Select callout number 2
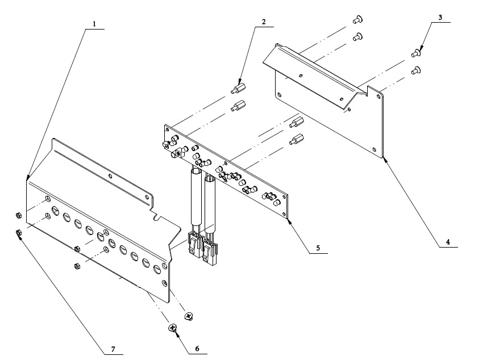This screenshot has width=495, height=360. click(263, 22)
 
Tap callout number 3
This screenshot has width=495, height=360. click(440, 18)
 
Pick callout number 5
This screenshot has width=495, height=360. click(318, 248)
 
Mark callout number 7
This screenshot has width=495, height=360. click(113, 348)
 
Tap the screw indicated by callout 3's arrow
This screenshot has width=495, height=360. click(415, 54)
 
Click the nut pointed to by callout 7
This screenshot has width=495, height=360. click(18, 232)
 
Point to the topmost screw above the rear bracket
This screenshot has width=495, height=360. click(356, 20)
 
